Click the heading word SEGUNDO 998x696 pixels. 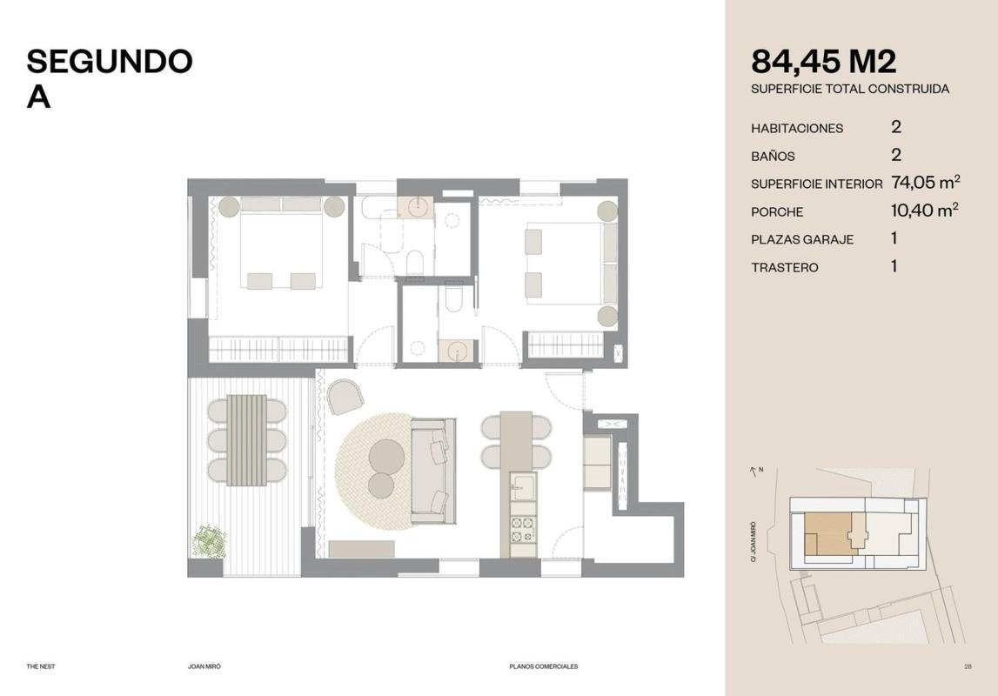(110, 61)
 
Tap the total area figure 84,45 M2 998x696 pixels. (824, 62)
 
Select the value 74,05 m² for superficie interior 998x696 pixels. (926, 183)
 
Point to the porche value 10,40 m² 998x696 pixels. (925, 210)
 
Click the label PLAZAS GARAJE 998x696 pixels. (802, 240)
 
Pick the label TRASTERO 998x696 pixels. (785, 267)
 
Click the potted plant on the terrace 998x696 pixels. (210, 540)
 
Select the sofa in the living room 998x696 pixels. (432, 471)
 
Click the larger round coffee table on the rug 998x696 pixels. (386, 457)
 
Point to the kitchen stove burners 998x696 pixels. (523, 529)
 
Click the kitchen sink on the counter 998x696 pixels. (523, 486)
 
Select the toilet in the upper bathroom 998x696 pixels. (414, 262)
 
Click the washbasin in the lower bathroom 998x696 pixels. (456, 351)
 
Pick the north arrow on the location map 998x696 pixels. (754, 472)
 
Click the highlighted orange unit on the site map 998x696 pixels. (828, 534)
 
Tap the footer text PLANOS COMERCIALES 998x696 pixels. (544, 666)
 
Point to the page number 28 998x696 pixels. (968, 666)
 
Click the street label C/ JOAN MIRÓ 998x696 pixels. (754, 541)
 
